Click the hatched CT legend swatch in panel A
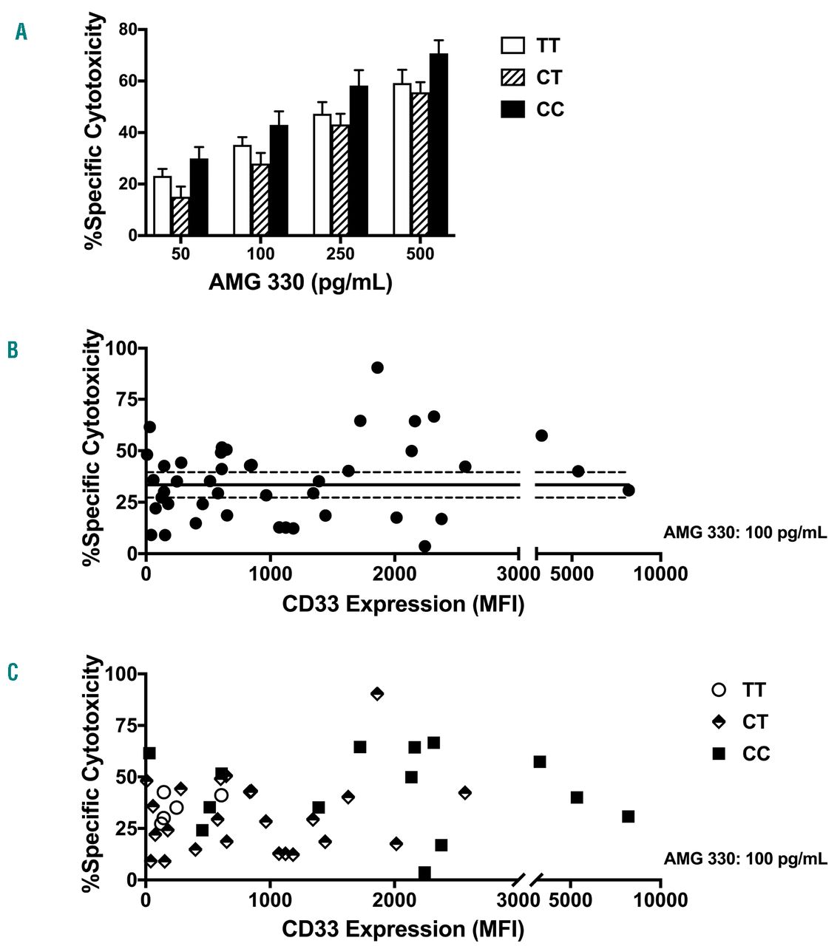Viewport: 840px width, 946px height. (x=513, y=78)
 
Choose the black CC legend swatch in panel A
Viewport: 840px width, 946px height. (x=513, y=109)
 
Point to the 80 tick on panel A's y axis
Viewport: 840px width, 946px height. (x=129, y=30)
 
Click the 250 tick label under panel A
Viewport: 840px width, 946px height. (x=340, y=254)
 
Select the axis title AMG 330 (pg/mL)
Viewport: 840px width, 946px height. (x=300, y=283)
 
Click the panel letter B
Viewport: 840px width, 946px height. (x=13, y=350)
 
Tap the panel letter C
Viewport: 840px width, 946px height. (x=13, y=672)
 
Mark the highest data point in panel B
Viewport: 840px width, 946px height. (x=377, y=367)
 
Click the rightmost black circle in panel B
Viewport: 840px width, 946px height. (x=629, y=490)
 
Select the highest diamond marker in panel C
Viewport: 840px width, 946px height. (x=377, y=693)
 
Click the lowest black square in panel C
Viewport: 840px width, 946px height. (x=424, y=873)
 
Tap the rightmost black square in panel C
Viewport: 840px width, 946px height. (x=629, y=816)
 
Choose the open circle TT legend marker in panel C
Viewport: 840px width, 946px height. (x=719, y=690)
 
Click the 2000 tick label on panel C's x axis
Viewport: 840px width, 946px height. (x=395, y=900)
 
